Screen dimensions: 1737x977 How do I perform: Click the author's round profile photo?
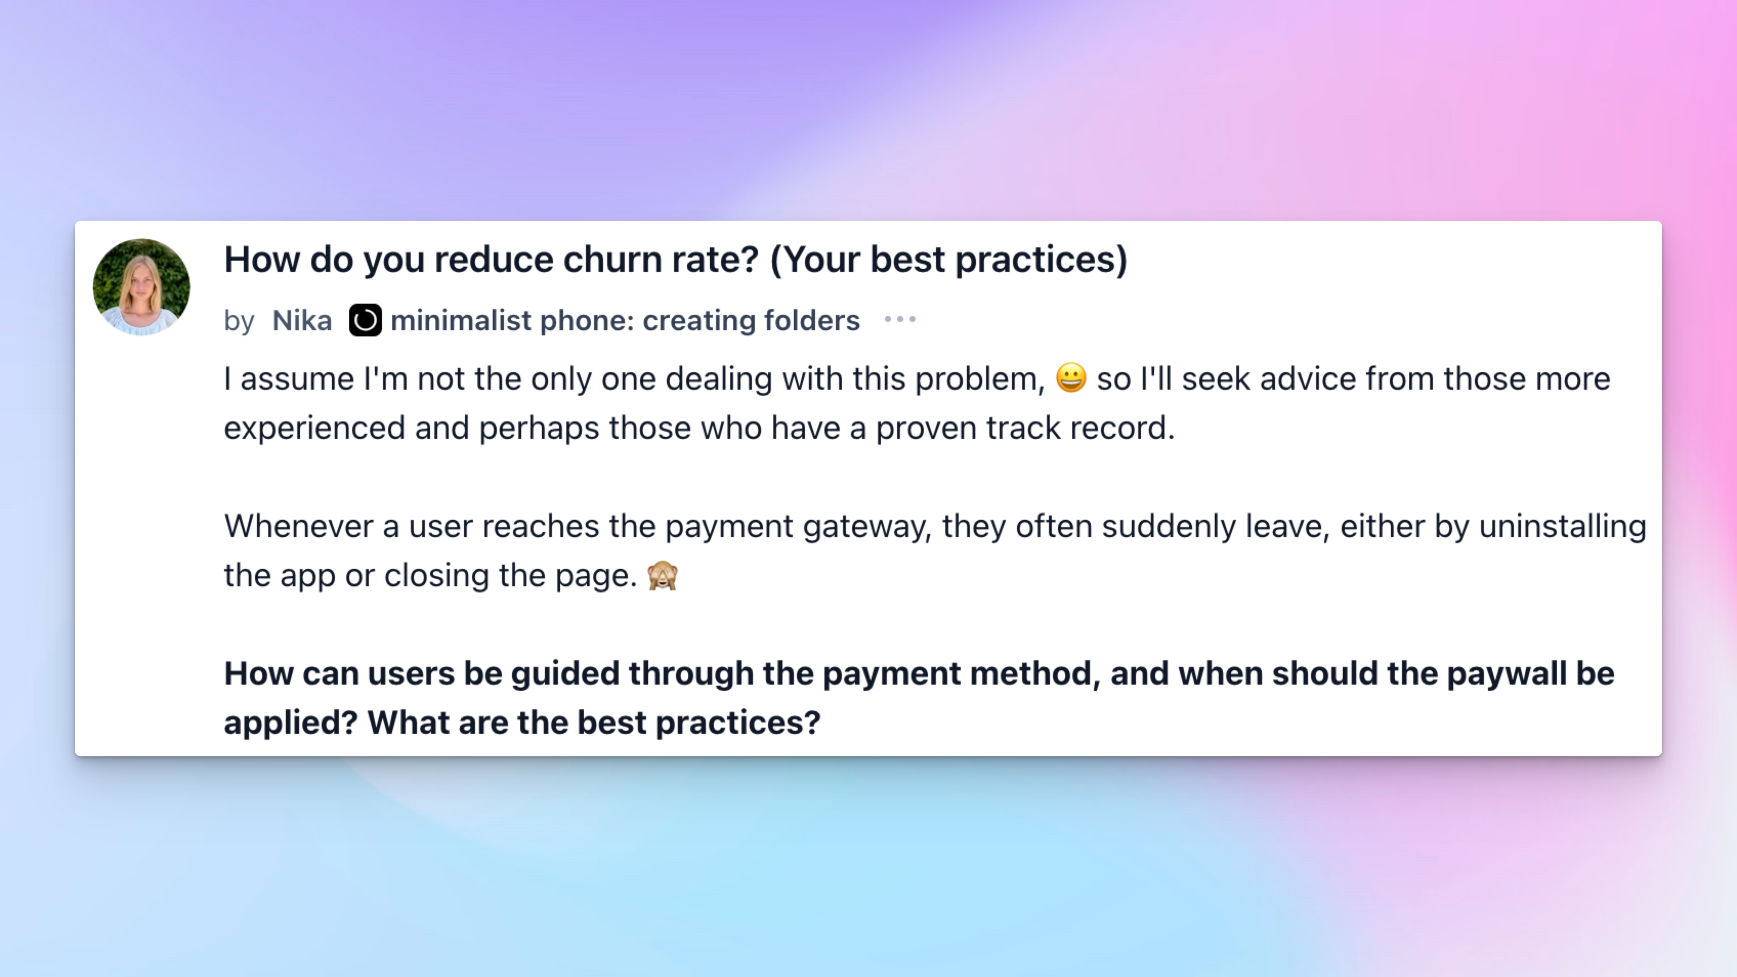click(x=142, y=287)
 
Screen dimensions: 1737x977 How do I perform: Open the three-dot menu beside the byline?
click(x=900, y=320)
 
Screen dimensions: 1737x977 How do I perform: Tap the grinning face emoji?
click(x=1071, y=378)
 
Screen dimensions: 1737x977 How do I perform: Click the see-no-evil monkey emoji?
click(x=663, y=576)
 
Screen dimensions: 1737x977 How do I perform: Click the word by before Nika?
click(x=239, y=322)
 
